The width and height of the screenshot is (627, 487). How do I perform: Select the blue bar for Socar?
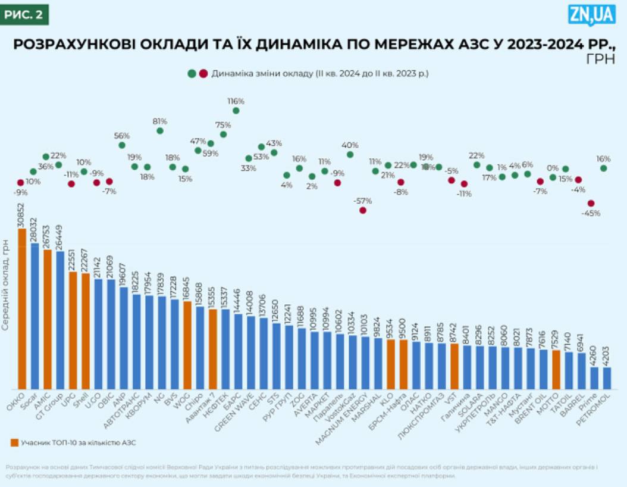[35, 316]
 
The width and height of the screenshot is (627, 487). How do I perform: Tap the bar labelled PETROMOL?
[607, 377]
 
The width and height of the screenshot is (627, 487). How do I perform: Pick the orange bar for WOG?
[187, 345]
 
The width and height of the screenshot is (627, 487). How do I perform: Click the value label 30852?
[22, 214]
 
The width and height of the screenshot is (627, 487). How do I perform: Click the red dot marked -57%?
[363, 210]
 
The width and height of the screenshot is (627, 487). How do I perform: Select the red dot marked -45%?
[591, 204]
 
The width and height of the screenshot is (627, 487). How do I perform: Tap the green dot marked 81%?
[160, 130]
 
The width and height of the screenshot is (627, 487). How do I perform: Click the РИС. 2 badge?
[24, 14]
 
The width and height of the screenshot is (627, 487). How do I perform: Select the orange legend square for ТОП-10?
[14, 442]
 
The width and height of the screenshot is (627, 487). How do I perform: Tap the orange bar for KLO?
[391, 363]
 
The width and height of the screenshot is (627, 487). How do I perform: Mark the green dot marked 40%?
[350, 154]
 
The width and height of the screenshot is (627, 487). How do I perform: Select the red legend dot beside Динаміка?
[203, 74]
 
